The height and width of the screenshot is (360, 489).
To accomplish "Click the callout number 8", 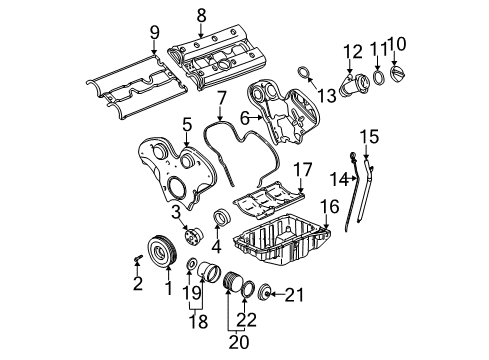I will pos(201,15).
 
